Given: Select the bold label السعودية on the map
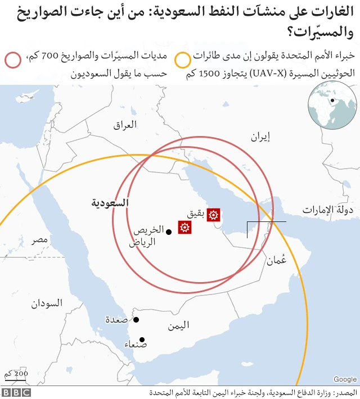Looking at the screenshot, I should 110,202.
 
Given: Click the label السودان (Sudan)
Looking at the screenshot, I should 47,303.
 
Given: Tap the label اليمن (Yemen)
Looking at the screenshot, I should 179,325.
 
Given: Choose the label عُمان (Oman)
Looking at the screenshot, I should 277,260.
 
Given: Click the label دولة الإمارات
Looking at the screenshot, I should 327,210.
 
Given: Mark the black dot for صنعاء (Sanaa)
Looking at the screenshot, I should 142,339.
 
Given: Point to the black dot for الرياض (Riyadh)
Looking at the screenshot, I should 169,232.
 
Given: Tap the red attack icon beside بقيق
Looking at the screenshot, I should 213,214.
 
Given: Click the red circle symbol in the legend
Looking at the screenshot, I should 12,60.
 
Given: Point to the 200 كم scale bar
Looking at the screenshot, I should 16,375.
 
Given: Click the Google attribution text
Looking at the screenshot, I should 345,379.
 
